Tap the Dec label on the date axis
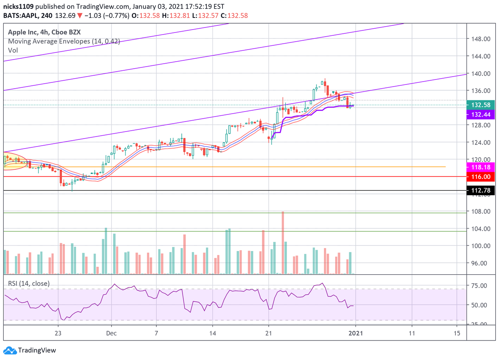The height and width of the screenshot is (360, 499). coord(111,333)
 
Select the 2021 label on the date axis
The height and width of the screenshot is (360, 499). coord(355,333)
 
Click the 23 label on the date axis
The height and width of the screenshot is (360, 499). coord(58,333)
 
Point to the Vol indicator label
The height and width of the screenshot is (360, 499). coord(13,50)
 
